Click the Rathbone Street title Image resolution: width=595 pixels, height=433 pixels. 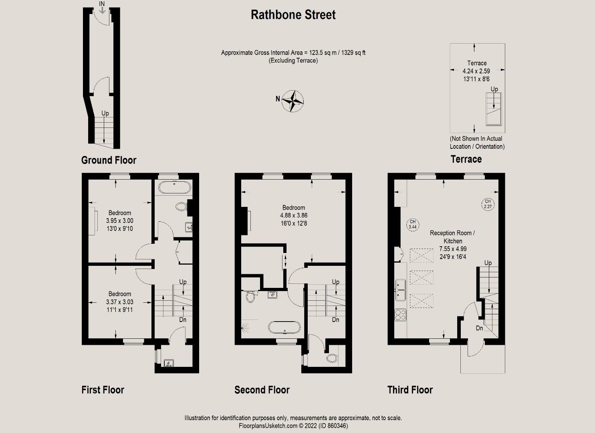tap(293, 15)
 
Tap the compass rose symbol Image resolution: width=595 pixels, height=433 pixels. tap(292, 100)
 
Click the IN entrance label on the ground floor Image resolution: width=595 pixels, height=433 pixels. tap(102, 4)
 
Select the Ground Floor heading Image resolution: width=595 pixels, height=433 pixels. tap(109, 160)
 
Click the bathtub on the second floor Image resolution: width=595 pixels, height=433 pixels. tap(284, 327)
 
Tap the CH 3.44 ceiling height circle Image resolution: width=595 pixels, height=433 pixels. tap(412, 224)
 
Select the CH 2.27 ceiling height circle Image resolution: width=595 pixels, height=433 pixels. tap(488, 204)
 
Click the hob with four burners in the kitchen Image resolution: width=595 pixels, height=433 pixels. tap(401, 315)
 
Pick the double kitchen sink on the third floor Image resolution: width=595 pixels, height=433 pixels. tap(401, 290)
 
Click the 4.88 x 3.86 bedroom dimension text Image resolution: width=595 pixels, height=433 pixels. tap(294, 215)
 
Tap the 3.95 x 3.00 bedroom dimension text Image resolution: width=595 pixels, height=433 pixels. tap(119, 221)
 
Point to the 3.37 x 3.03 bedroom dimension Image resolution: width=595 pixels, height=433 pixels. tap(119, 302)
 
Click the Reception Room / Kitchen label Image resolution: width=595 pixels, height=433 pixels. tap(452, 237)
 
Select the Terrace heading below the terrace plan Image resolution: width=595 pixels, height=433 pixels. tap(466, 159)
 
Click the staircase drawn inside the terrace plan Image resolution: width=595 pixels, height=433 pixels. tap(494, 109)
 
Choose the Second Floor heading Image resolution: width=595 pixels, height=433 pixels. tap(262, 390)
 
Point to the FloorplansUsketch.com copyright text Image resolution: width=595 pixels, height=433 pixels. tap(293, 426)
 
